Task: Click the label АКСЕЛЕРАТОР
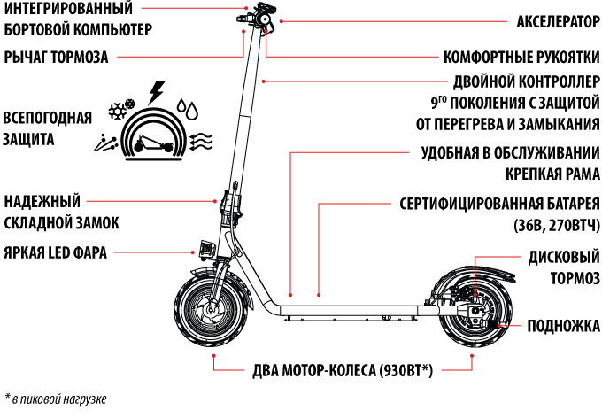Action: pos(558,22)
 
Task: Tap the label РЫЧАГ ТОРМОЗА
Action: pos(56,58)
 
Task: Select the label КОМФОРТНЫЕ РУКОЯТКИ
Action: pos(521,58)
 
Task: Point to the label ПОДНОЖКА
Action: pos(563,325)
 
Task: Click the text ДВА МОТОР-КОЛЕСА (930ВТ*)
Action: pos(343,371)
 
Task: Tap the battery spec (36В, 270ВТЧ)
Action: pos(557,225)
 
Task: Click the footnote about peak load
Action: pos(56,399)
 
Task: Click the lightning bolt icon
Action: pos(157,93)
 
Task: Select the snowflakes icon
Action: pos(122,109)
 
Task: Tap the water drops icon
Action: pos(188,109)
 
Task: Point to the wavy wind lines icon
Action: pos(201,142)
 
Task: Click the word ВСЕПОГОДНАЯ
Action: pos(47,118)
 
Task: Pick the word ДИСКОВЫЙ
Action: pos(564,257)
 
